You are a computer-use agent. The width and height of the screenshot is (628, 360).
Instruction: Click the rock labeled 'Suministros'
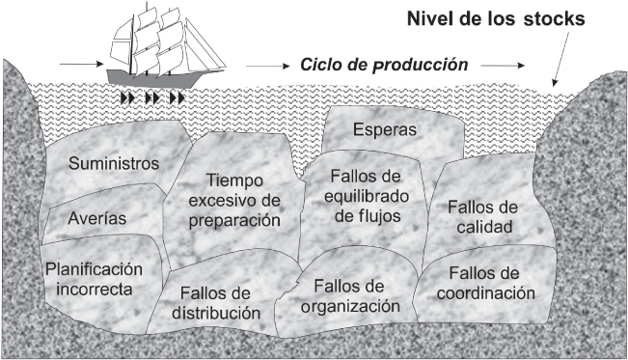113,164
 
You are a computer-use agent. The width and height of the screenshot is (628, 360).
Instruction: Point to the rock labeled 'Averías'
96,218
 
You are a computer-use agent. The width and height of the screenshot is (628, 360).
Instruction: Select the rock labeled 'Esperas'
385,128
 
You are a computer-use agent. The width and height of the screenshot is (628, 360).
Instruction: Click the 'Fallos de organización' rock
348,299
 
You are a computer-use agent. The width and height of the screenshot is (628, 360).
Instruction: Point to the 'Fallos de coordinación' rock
491,284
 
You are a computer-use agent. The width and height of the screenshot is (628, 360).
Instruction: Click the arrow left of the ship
74,66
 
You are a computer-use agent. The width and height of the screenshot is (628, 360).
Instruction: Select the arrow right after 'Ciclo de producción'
503,67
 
